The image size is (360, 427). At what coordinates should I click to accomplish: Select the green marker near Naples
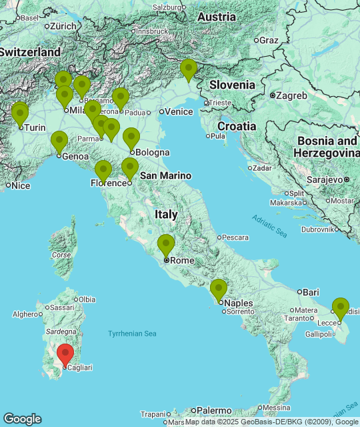click(219, 290)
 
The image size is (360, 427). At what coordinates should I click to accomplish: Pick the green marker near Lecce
click(341, 309)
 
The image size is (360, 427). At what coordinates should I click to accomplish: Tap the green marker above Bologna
click(131, 139)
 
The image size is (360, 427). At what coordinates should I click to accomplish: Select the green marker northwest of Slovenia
click(189, 70)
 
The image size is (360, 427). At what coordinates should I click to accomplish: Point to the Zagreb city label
click(291, 95)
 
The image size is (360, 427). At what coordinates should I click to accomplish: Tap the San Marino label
click(165, 175)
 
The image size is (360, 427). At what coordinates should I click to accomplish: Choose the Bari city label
click(311, 292)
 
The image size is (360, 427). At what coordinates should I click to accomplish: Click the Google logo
click(22, 419)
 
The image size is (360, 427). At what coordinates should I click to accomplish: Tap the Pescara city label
click(235, 237)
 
